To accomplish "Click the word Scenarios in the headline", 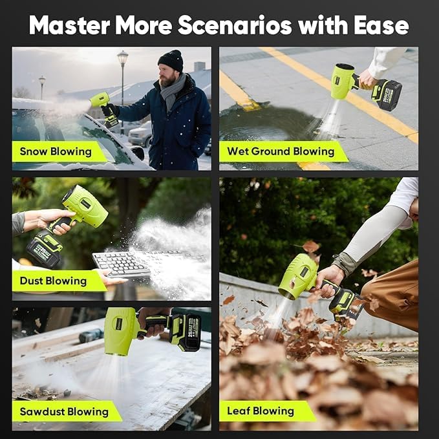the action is pos(235,25).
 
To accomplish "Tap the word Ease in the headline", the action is pos(381,25).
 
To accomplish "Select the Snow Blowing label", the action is pos(56,151).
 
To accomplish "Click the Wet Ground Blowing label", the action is pos(281,151).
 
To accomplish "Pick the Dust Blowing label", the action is pos(53,281).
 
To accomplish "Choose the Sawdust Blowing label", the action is pos(64,412).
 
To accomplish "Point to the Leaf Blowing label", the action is pos(261,411).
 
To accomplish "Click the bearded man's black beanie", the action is pos(171,61).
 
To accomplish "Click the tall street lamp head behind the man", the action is pos(123,58).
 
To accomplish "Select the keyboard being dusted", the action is pos(123,263).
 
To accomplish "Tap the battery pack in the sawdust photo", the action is pos(186,332).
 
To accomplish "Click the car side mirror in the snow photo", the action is pos(138,153).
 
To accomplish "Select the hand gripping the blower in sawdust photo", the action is pos(153,322).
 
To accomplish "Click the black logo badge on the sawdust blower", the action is pos(119,324).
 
